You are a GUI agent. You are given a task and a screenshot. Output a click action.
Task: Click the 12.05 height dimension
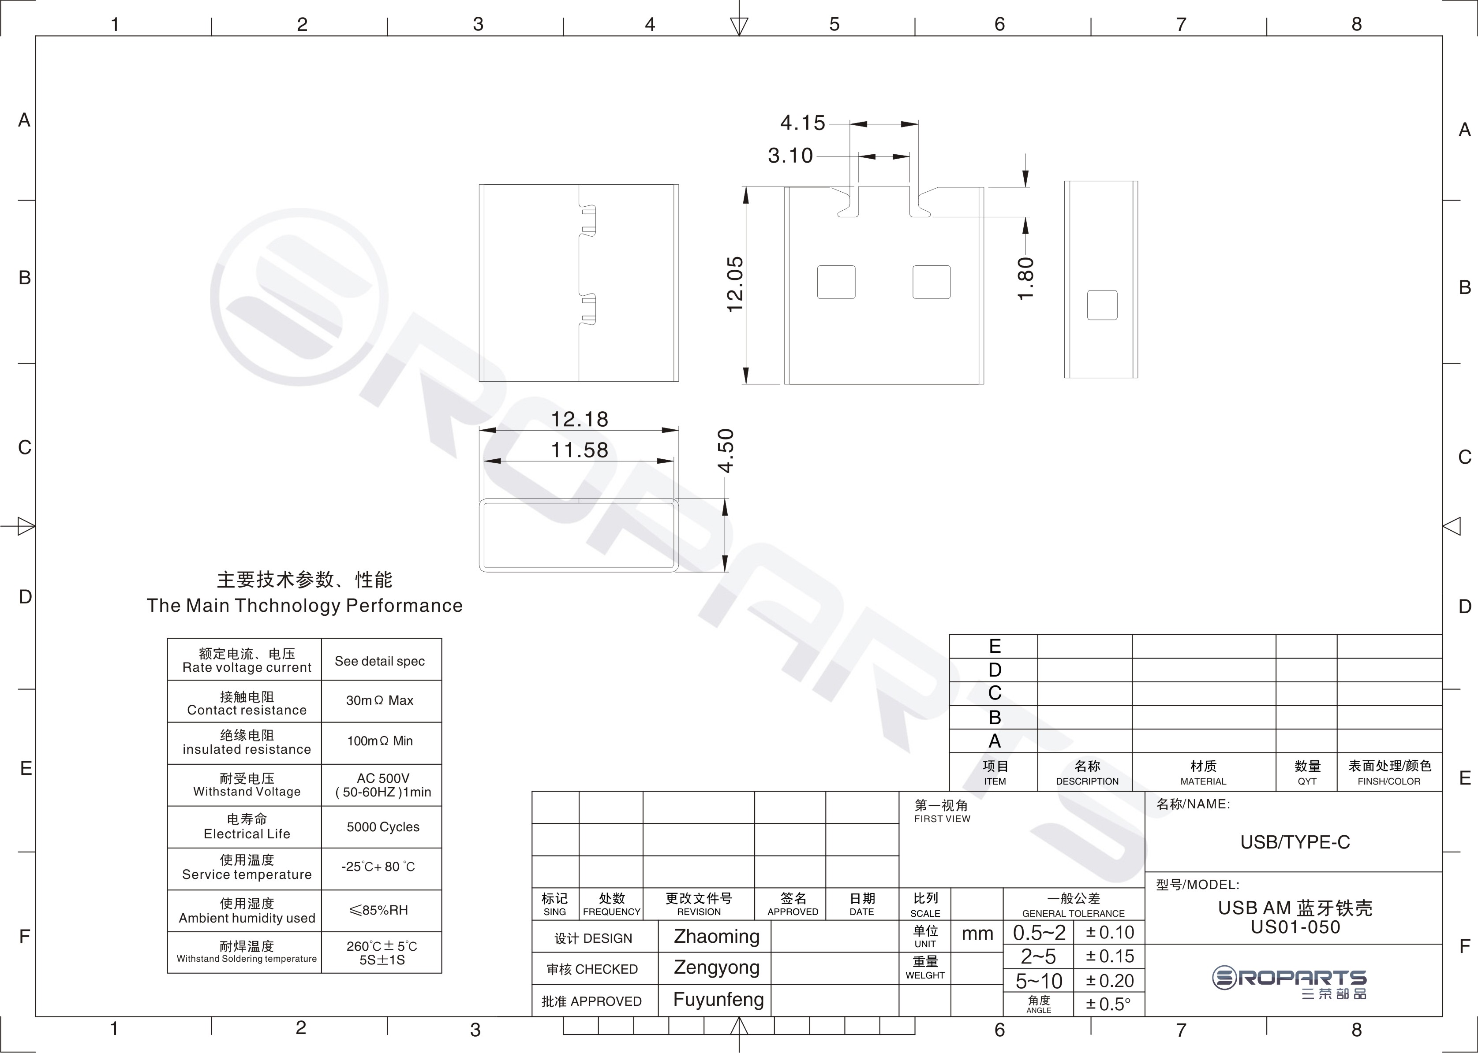tap(735, 285)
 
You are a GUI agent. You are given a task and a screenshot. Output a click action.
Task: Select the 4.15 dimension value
tap(803, 123)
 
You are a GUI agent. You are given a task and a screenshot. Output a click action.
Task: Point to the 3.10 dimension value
tap(790, 156)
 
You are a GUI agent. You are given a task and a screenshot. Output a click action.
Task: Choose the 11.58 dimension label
tap(580, 450)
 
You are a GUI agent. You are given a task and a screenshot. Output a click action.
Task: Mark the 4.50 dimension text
tap(726, 450)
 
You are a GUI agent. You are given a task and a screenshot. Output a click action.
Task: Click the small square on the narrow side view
tap(1102, 305)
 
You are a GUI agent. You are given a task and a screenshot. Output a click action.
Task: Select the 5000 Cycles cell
tap(383, 827)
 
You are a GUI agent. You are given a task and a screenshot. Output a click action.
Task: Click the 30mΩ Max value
tap(380, 700)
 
